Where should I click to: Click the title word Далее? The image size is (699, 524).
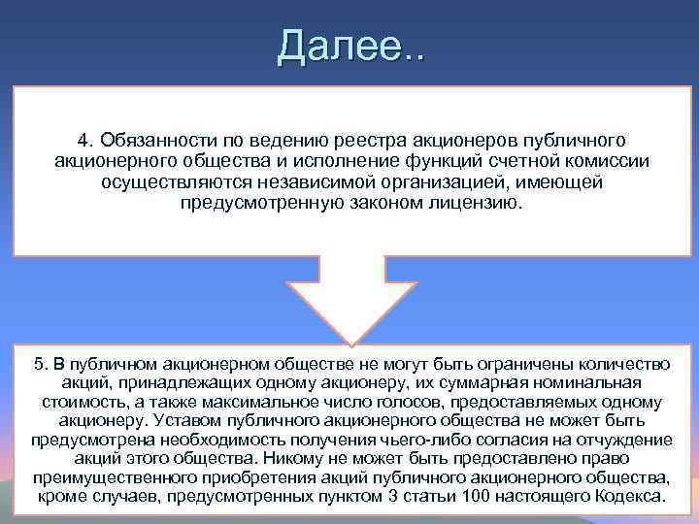tap(339, 45)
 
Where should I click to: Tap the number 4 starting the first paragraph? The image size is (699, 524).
tap(83, 142)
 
